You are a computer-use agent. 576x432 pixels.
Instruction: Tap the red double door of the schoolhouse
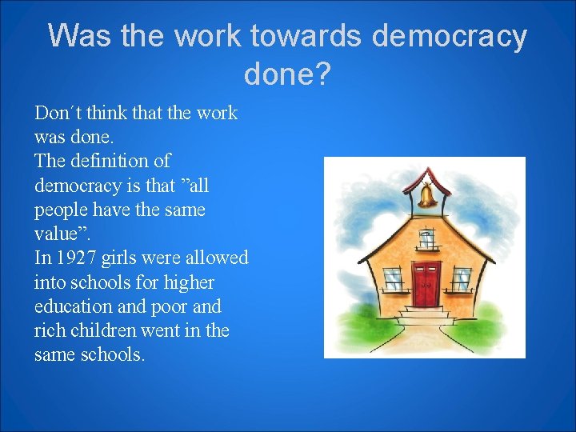pyautogui.click(x=426, y=283)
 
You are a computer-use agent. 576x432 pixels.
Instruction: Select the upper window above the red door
pyautogui.click(x=426, y=238)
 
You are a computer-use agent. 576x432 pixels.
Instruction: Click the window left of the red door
pyautogui.click(x=393, y=278)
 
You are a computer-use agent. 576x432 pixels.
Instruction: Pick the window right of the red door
pyautogui.click(x=462, y=278)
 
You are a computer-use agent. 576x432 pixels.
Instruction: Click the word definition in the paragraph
pyautogui.click(x=110, y=161)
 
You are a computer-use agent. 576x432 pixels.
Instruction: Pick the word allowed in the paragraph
pyautogui.click(x=216, y=258)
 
